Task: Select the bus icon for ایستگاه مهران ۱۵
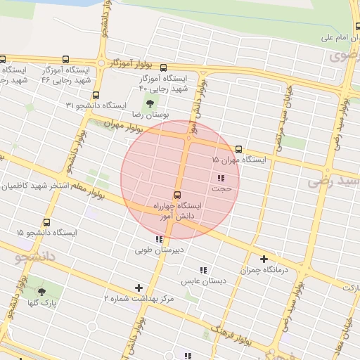click(x=239, y=149)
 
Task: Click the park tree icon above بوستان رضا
click(x=148, y=105)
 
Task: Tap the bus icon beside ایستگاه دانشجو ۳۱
click(x=96, y=94)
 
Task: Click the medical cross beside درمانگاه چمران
click(x=264, y=259)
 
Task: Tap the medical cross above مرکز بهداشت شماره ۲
click(x=139, y=288)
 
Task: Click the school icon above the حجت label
click(x=221, y=178)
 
